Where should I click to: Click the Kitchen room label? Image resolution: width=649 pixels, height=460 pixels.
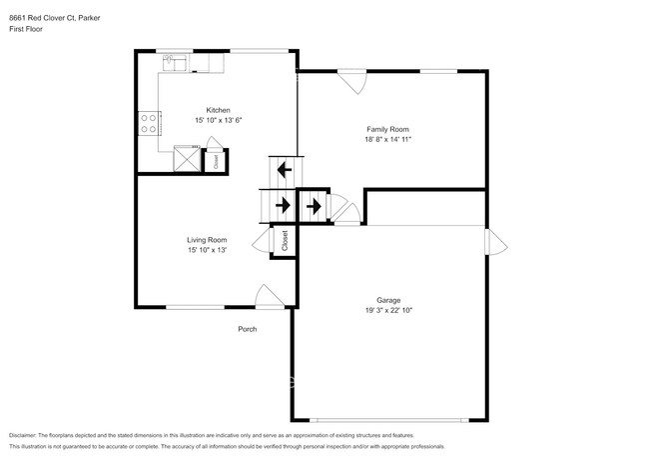click(x=218, y=110)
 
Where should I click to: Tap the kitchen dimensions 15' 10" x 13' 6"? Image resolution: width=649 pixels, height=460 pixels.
click(x=218, y=120)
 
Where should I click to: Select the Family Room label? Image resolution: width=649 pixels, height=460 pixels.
click(x=387, y=130)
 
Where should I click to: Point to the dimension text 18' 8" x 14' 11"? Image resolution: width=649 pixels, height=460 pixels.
click(x=387, y=140)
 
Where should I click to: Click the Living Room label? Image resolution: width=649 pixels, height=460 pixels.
click(x=207, y=240)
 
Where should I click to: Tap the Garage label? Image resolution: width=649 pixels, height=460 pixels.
click(x=388, y=300)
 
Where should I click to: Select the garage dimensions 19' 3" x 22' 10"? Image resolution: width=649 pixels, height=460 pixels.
click(x=388, y=310)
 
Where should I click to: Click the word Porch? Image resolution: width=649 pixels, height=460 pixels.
click(x=247, y=330)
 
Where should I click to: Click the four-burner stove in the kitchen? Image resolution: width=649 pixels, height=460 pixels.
click(x=148, y=123)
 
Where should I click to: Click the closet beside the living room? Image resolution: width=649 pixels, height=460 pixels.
click(x=284, y=240)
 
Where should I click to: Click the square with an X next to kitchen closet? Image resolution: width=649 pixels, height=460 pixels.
click(x=187, y=159)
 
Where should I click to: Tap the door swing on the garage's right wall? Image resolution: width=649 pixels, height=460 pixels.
click(x=494, y=242)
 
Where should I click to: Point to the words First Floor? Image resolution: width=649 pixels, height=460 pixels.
click(x=27, y=29)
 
